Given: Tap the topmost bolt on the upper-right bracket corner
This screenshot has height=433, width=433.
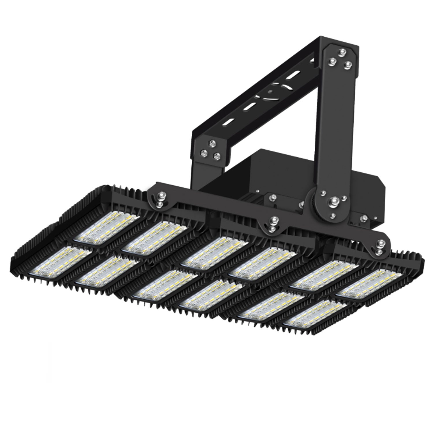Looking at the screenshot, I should click(x=342, y=52).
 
